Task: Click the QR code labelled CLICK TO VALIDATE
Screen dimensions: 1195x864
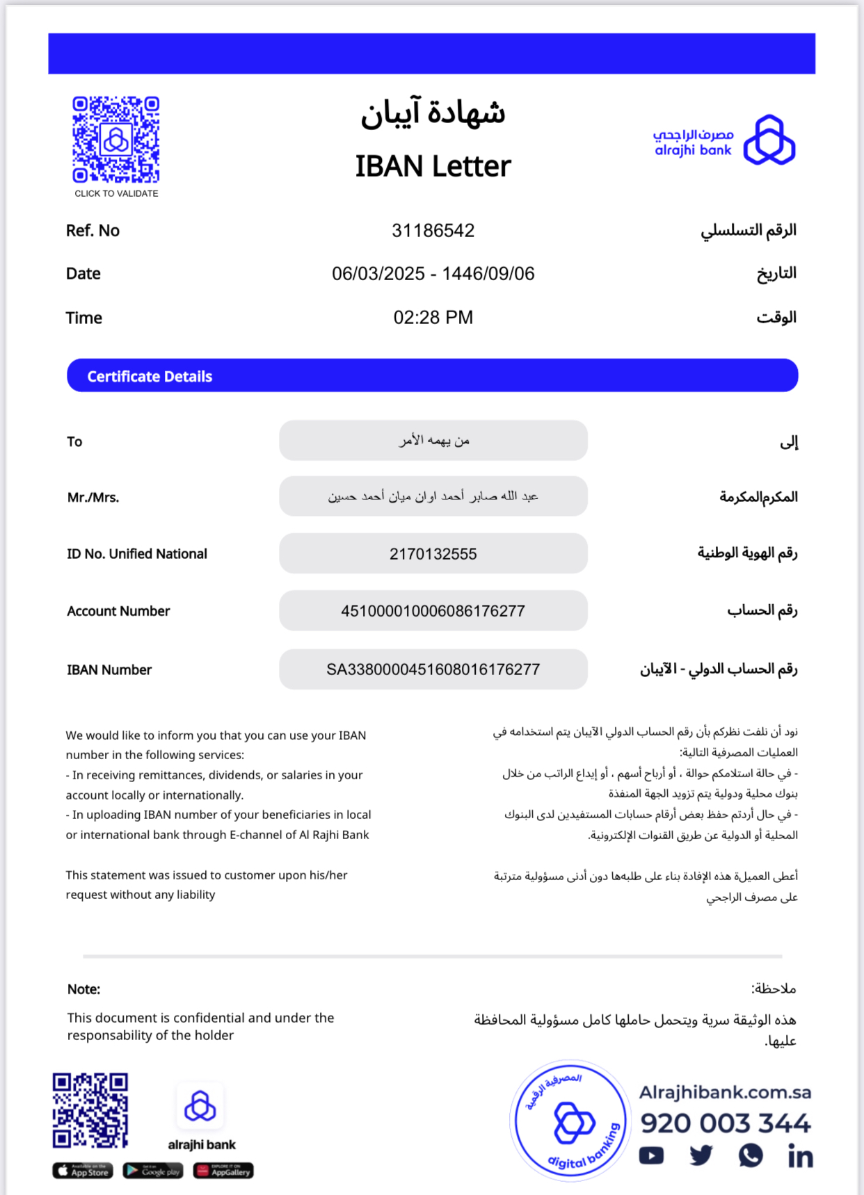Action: tap(116, 140)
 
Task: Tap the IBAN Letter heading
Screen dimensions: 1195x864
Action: tap(433, 167)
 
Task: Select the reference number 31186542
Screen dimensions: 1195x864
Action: tap(433, 231)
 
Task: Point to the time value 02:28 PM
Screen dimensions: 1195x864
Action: tap(433, 318)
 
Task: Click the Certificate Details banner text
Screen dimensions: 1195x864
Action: tap(150, 377)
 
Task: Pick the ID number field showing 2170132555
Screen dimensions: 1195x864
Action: tap(433, 554)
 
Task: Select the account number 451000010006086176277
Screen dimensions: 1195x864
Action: tap(433, 611)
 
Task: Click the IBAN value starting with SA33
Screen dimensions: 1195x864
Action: tap(433, 669)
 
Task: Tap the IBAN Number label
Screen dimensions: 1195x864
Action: tap(109, 670)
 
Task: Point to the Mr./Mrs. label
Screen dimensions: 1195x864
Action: tap(93, 498)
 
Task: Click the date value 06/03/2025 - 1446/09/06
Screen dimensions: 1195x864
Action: tap(433, 274)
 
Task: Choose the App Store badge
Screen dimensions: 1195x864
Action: tap(83, 1171)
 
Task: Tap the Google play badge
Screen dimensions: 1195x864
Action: tap(153, 1171)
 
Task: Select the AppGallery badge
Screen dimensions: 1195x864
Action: tap(223, 1171)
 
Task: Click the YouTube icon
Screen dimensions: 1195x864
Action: tap(651, 1156)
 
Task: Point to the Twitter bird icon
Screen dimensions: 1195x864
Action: tap(701, 1156)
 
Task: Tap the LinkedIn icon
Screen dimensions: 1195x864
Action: tap(800, 1156)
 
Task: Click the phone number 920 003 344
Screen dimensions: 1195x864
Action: tap(725, 1123)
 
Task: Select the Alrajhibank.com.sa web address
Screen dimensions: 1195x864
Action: tap(725, 1093)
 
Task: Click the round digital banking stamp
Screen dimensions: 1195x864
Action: tap(570, 1121)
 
